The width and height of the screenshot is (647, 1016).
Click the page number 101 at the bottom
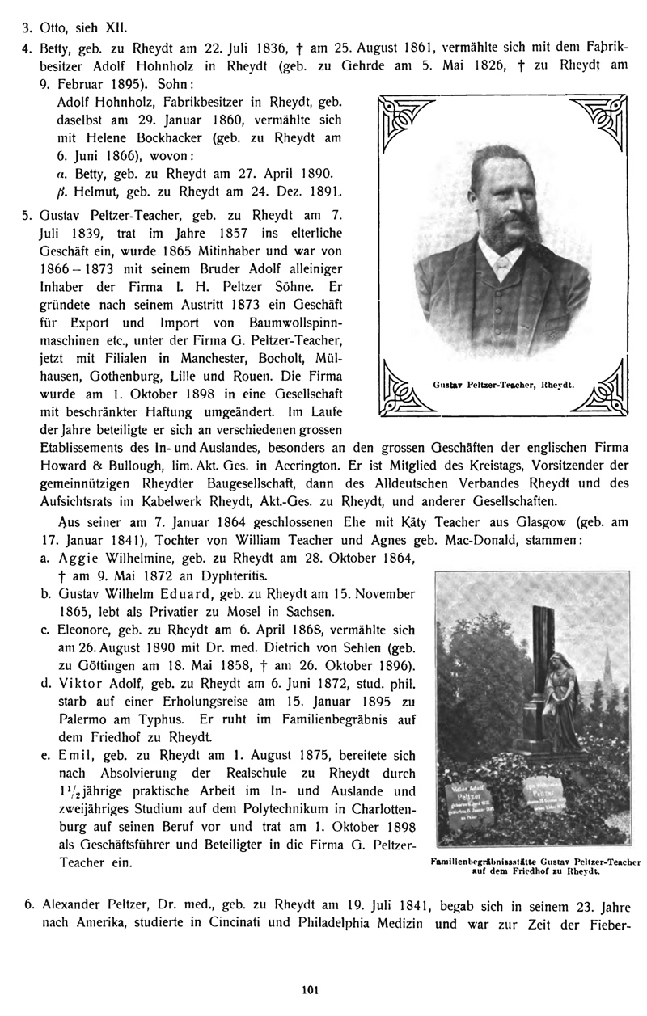click(323, 985)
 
